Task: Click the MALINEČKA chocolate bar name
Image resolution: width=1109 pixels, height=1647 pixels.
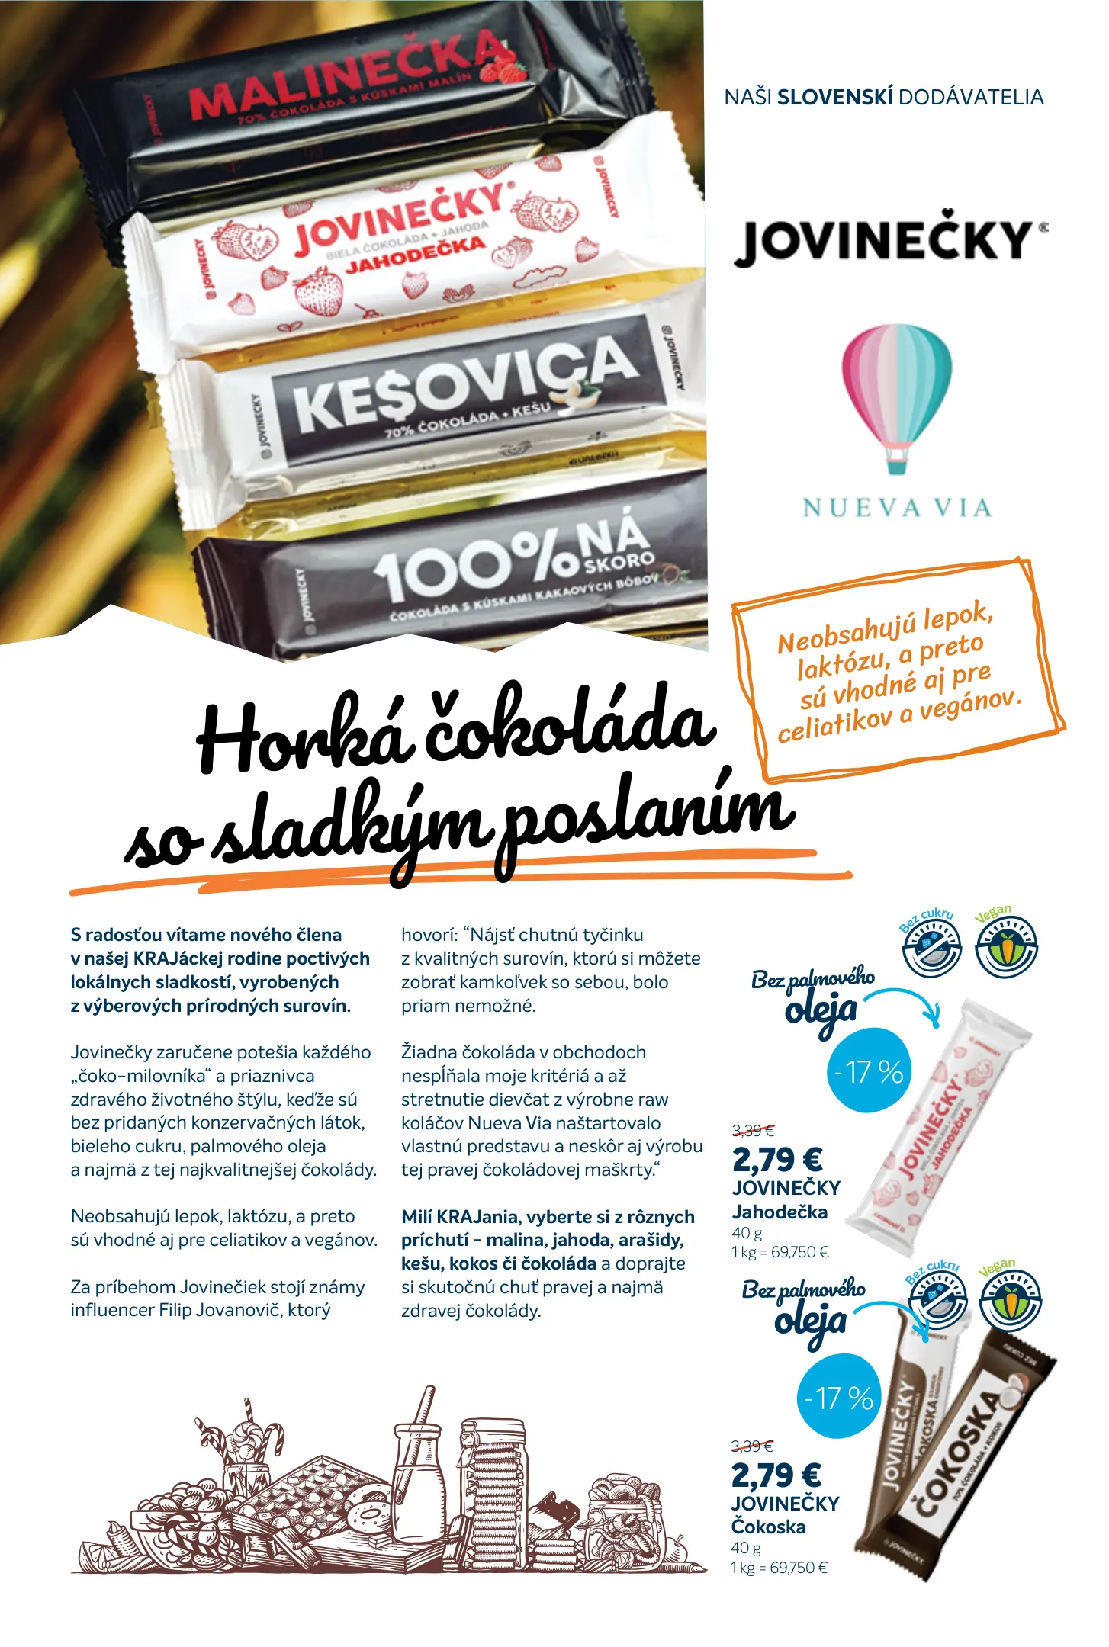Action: pos(347,76)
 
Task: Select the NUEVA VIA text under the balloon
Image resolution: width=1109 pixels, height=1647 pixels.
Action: pos(897,508)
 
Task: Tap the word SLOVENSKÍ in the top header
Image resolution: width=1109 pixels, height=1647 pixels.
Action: pos(834,98)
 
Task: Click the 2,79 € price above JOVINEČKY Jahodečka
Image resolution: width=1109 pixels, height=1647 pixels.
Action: pos(776,1160)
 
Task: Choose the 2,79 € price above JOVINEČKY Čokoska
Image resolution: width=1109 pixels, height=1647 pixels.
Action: pos(776,1475)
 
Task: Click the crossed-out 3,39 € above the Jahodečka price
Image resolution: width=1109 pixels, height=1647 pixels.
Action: pos(753,1130)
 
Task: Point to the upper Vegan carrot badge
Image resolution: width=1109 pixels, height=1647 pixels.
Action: pos(1007,945)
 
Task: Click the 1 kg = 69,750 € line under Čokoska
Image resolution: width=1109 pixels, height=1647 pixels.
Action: pos(779,1568)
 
